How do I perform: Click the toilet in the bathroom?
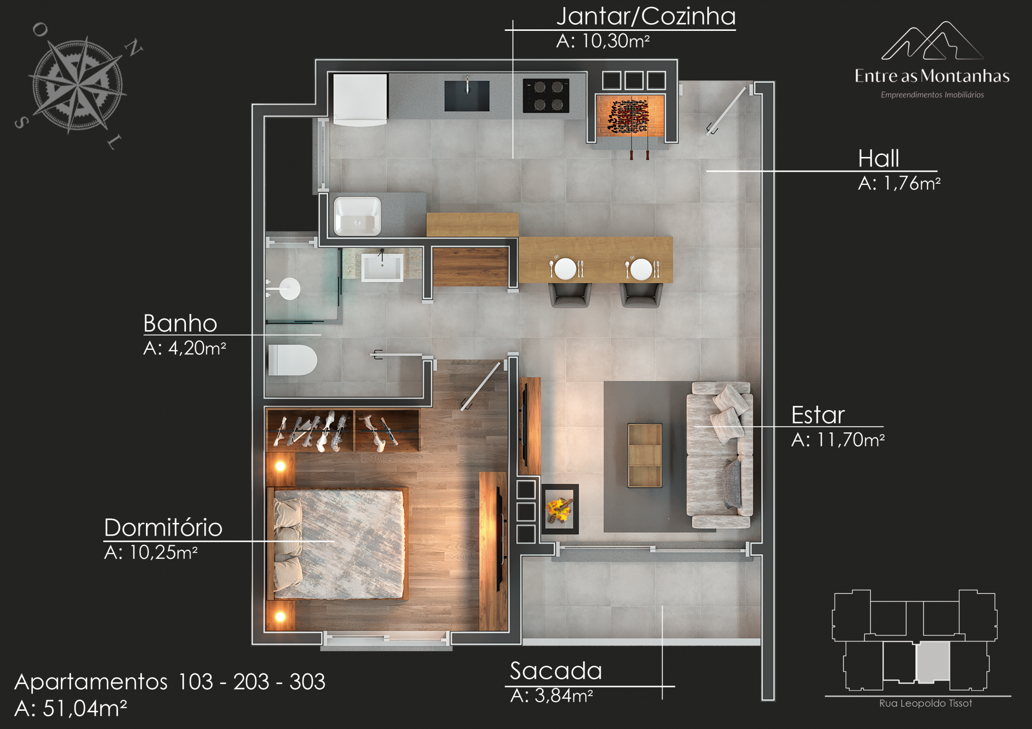point(292,360)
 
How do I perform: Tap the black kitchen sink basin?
point(467,96)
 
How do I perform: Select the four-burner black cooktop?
point(546,95)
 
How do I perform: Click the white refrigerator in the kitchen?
point(360,99)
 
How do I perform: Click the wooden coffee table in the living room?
point(644,455)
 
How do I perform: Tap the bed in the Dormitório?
point(338,544)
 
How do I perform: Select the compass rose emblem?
point(78,85)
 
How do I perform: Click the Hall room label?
point(878,158)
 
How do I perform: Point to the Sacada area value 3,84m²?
point(563,696)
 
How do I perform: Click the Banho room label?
point(180,323)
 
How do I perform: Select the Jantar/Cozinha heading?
point(646,16)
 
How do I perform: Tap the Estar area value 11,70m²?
point(851,440)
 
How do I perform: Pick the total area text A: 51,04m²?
point(70,709)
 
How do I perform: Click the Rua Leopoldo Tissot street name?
point(926,703)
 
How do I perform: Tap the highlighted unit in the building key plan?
point(933,662)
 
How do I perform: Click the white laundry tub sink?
point(357,216)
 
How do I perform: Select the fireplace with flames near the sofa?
point(560,509)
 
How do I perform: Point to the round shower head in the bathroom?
point(290,289)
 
